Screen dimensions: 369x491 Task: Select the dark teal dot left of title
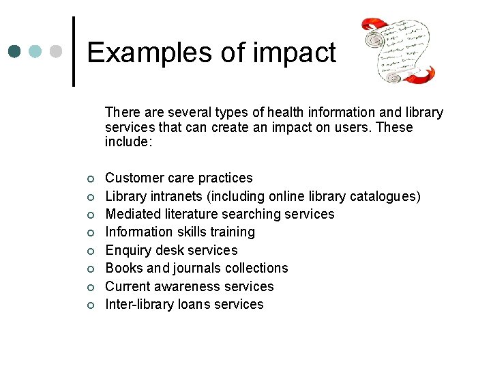[x=15, y=51]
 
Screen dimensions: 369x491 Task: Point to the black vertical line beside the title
[x=74, y=51]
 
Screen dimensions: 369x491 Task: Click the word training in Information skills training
[x=232, y=232]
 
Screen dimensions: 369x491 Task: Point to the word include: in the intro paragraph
[x=129, y=142]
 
